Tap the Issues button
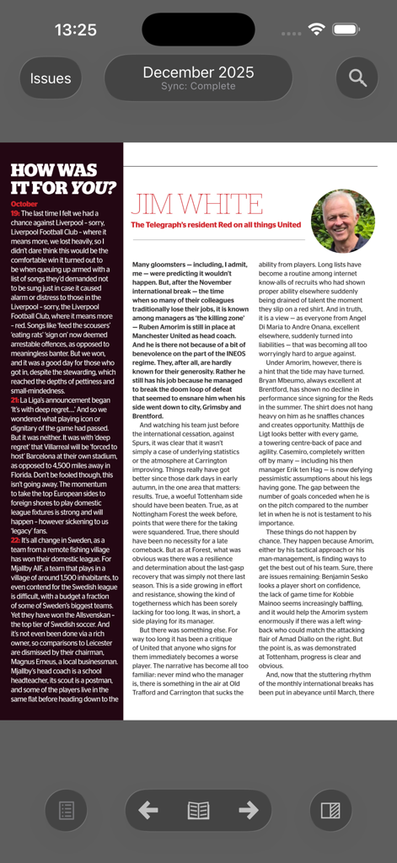pyautogui.click(x=51, y=78)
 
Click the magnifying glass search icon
pyautogui.click(x=357, y=78)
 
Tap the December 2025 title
pyautogui.click(x=198, y=72)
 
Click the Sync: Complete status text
pyautogui.click(x=198, y=86)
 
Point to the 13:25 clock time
pyautogui.click(x=76, y=29)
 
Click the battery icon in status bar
pyautogui.click(x=346, y=29)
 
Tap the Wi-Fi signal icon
pyautogui.click(x=317, y=29)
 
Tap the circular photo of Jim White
pyautogui.click(x=342, y=221)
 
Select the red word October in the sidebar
pyautogui.click(x=24, y=204)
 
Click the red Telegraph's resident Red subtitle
pyautogui.click(x=215, y=225)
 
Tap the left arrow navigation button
pyautogui.click(x=148, y=811)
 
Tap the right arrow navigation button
pyautogui.click(x=248, y=811)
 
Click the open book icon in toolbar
pyautogui.click(x=198, y=811)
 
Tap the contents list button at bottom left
pyautogui.click(x=66, y=811)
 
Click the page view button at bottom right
pyautogui.click(x=330, y=811)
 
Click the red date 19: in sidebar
pyautogui.click(x=15, y=214)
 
